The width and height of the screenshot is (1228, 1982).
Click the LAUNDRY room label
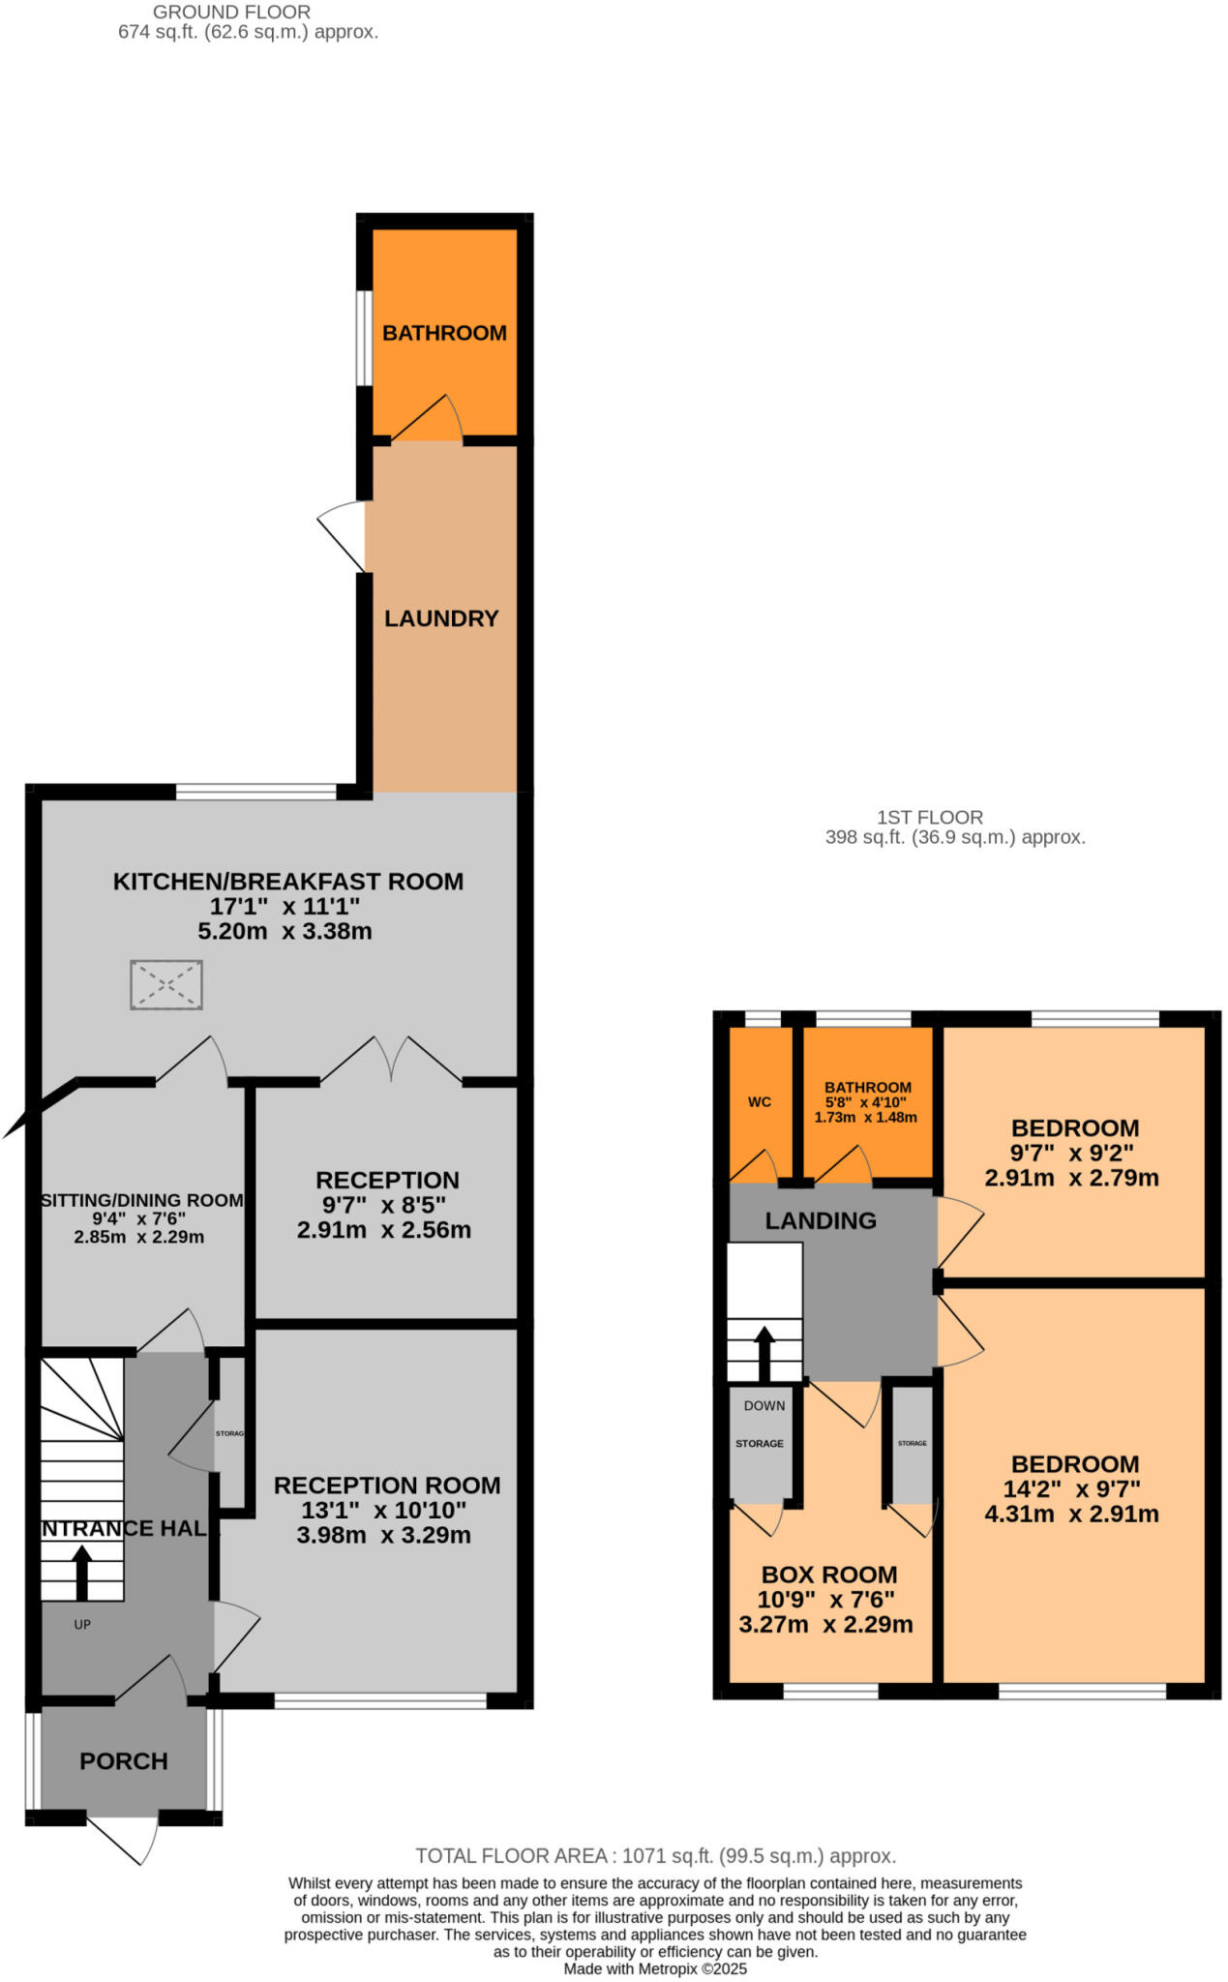441,618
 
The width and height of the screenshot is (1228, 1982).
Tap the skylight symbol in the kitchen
166,984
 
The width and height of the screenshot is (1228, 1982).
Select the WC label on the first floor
760,1101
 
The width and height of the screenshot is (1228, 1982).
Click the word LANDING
821,1220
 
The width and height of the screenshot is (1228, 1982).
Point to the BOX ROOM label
829,1575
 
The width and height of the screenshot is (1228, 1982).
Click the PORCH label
124,1760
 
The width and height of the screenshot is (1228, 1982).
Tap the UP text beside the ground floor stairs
82,1625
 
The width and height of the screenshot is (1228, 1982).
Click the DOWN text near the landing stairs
764,1405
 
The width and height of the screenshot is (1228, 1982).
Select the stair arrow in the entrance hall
81,1572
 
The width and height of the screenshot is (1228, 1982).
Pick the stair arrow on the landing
764,1352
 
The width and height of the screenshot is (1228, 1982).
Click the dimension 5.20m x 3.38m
285,931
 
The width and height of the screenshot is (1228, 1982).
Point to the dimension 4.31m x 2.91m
1071,1514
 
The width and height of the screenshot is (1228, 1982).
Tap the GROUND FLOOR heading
231,13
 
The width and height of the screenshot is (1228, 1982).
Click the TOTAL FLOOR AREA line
655,1855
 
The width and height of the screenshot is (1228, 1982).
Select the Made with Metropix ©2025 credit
655,1968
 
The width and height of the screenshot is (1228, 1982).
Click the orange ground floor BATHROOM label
444,333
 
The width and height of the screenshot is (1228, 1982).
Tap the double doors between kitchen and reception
391,1059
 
